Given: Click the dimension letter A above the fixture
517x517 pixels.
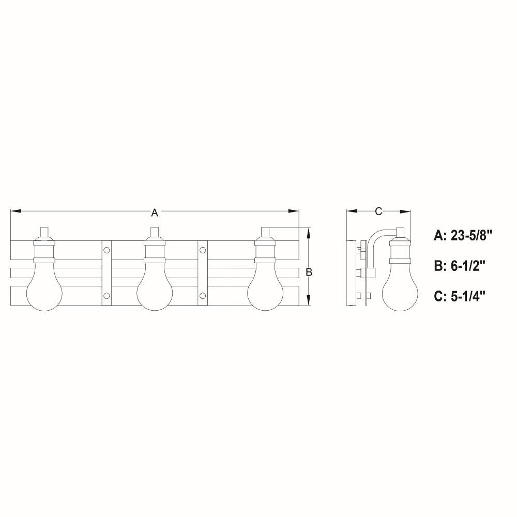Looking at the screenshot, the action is click(x=155, y=212).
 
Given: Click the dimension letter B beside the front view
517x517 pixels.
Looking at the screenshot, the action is click(x=309, y=272).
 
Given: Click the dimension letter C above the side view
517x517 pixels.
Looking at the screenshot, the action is click(x=378, y=211).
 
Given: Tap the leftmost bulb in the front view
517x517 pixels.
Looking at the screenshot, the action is click(x=44, y=287).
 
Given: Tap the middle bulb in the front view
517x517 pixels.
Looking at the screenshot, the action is click(x=155, y=287).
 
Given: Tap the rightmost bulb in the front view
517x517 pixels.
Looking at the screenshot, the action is click(x=266, y=287).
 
